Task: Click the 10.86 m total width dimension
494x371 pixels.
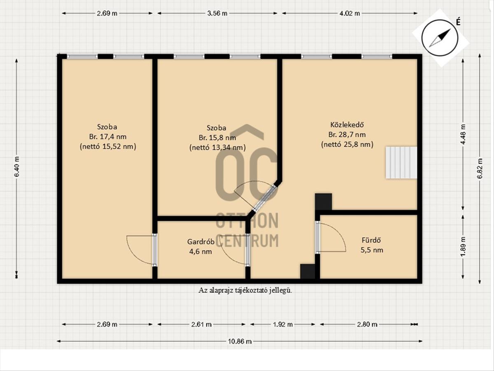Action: [x=240, y=341]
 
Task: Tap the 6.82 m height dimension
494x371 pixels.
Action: [x=480, y=169]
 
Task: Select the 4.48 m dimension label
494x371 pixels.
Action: [x=463, y=134]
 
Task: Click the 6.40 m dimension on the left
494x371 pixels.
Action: [x=17, y=167]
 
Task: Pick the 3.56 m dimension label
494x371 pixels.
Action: [x=217, y=14]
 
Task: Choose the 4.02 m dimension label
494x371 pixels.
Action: [x=350, y=14]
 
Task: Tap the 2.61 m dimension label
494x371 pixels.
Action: [x=201, y=324]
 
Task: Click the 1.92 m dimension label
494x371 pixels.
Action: [x=283, y=324]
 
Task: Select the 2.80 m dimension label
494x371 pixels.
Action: [x=367, y=324]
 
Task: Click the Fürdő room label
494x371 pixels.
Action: [x=371, y=240]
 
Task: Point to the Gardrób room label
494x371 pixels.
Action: [x=201, y=242]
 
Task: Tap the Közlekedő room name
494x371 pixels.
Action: [x=347, y=124]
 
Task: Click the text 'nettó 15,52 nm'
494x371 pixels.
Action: [x=108, y=147]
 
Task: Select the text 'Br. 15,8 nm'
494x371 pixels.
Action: [x=217, y=138]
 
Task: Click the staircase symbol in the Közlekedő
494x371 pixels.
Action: [x=401, y=163]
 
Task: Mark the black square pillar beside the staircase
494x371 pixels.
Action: [x=324, y=202]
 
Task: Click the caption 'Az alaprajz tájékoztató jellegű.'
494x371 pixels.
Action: [x=245, y=291]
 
